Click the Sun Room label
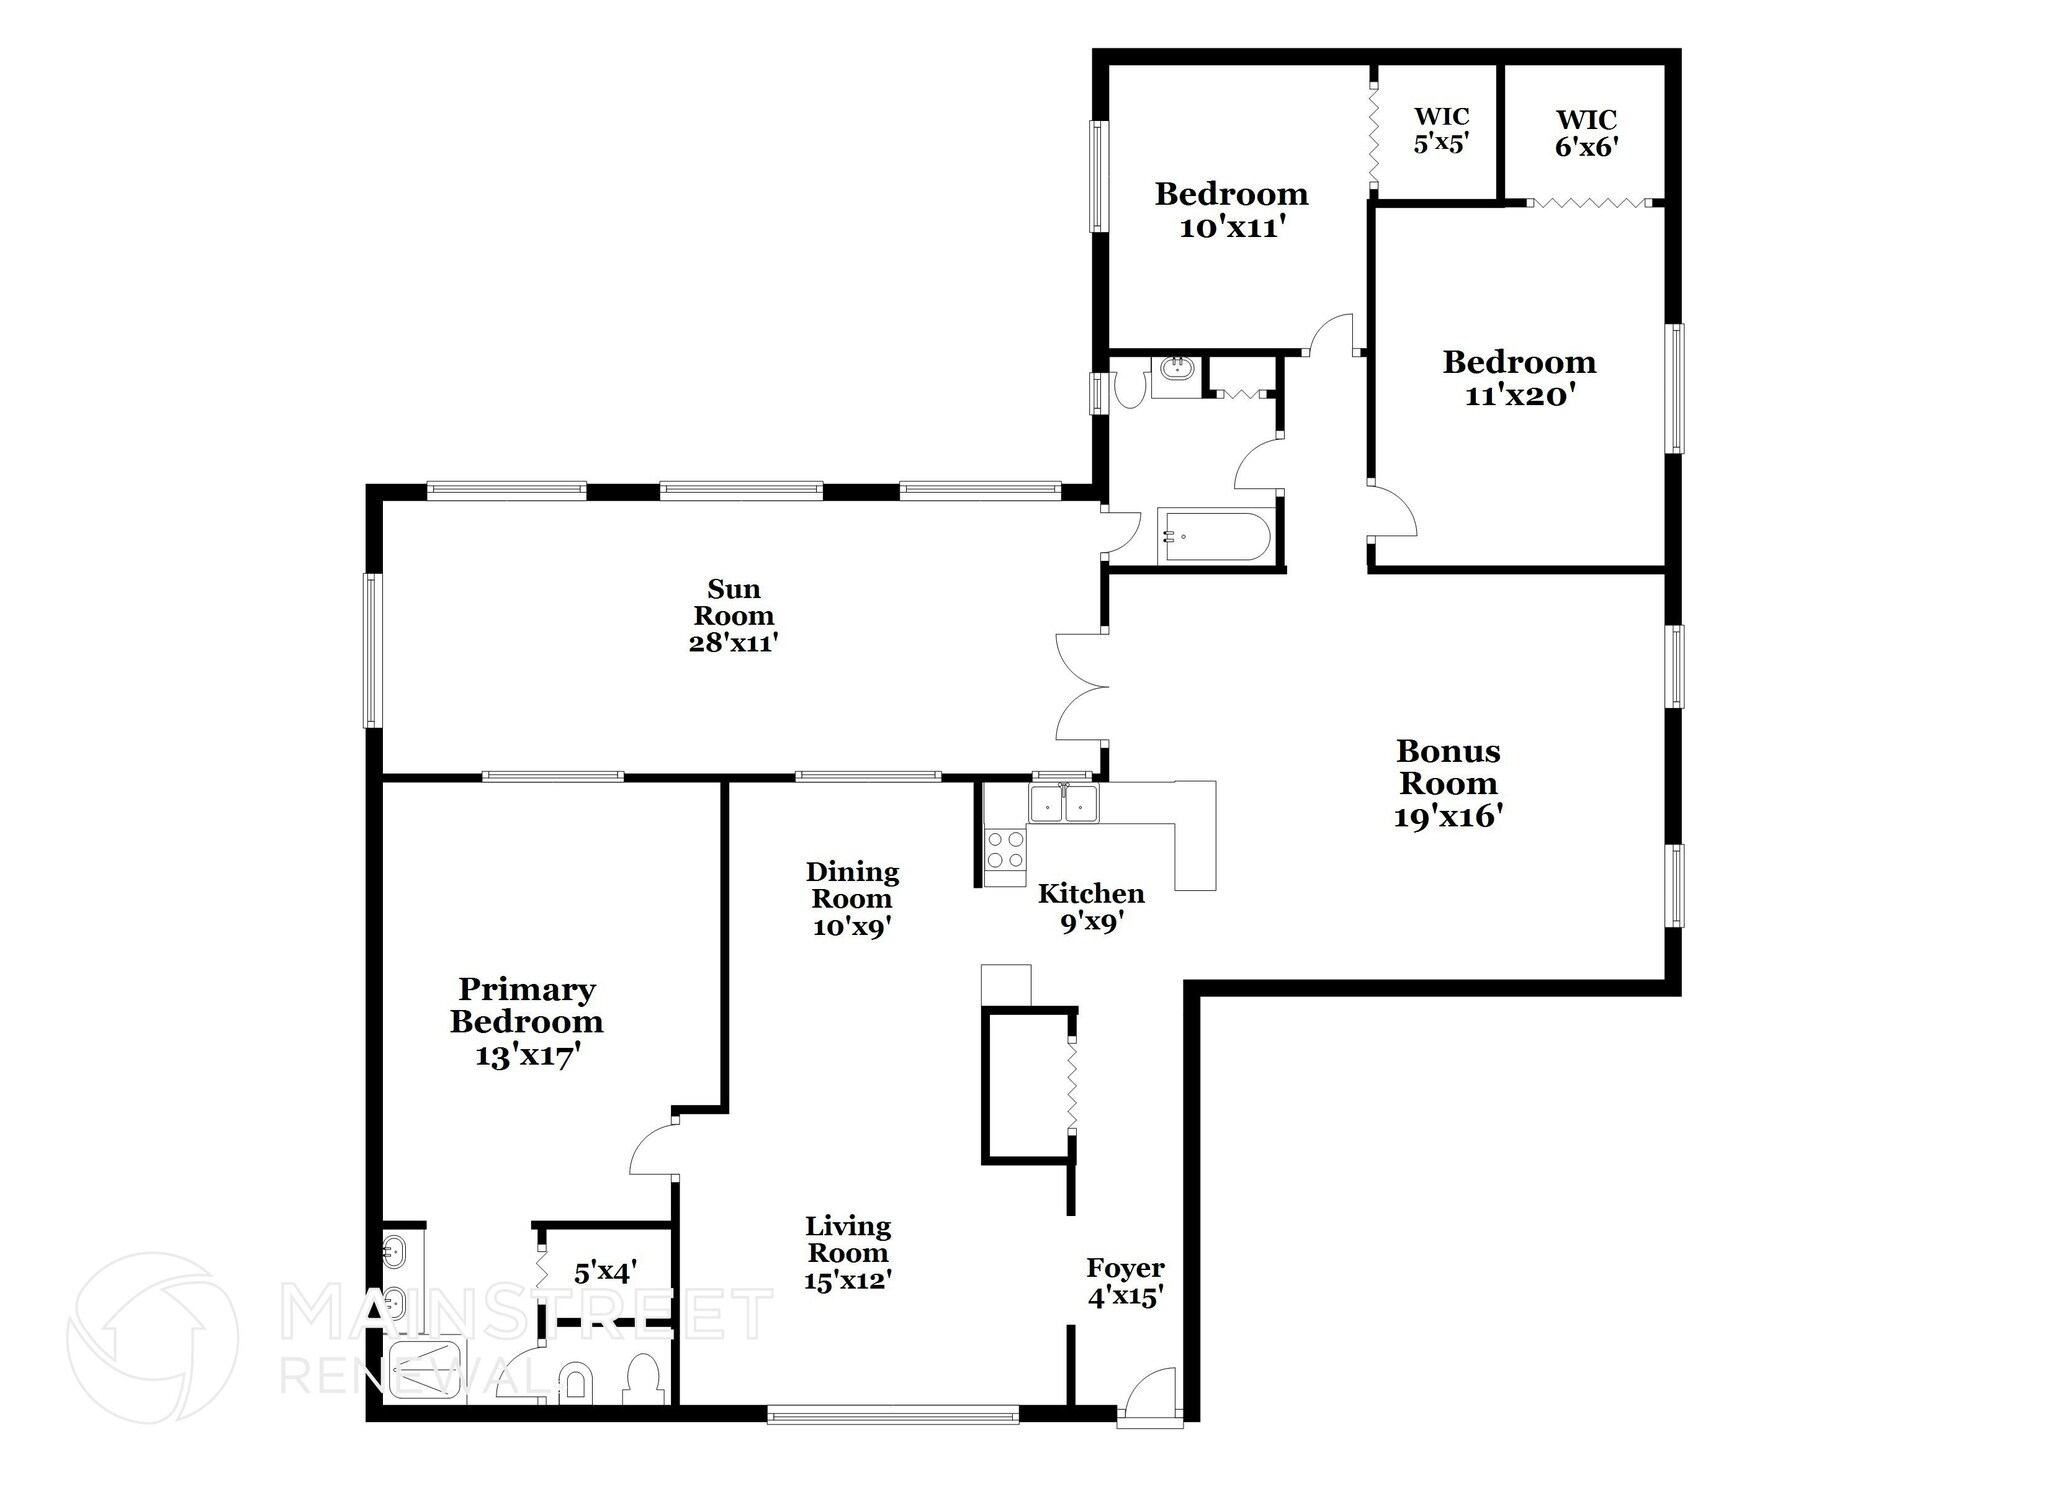tap(733, 615)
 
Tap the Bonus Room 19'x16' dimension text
tap(1449, 817)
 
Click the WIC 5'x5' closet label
tap(1440, 130)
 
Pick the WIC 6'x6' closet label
tap(1586, 133)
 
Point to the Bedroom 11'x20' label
tap(1519, 378)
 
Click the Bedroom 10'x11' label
tap(1231, 209)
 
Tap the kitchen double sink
tap(1064, 803)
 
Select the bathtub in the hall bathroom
tap(1214, 537)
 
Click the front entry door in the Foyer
tap(1150, 1394)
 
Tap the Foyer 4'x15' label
tap(1125, 1283)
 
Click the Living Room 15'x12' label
tap(848, 1253)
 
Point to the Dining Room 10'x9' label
tap(852, 899)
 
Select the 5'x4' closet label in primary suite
tap(605, 1273)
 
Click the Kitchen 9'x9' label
tap(1091, 907)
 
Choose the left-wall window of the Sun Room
tap(372, 650)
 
